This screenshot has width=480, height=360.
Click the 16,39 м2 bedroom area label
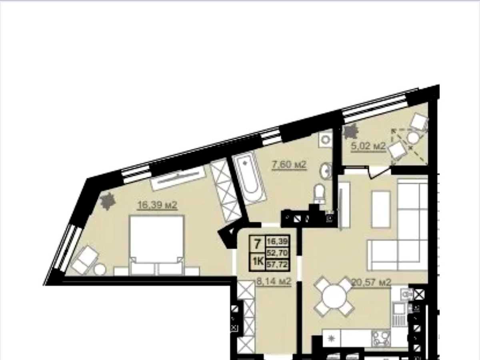[157, 205]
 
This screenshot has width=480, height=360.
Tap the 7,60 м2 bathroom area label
[289, 164]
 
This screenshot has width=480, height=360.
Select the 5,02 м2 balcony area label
[368, 146]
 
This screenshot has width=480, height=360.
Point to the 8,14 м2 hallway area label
[274, 281]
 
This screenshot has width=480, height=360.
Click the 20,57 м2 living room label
[371, 282]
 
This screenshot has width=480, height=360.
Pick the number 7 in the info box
[257, 244]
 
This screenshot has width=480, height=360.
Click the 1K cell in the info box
[258, 262]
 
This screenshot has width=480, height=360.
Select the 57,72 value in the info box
[277, 265]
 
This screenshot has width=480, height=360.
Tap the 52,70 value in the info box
[277, 253]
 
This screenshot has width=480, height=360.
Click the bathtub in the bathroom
[249, 178]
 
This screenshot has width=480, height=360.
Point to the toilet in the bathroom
[319, 194]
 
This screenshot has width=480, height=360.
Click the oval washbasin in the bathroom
[326, 171]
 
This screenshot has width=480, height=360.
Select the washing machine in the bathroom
[325, 140]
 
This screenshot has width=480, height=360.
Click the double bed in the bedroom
[157, 245]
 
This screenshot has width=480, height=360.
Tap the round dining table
[334, 297]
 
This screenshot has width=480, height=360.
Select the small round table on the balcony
[413, 138]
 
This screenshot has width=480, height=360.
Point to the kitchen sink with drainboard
[399, 314]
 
